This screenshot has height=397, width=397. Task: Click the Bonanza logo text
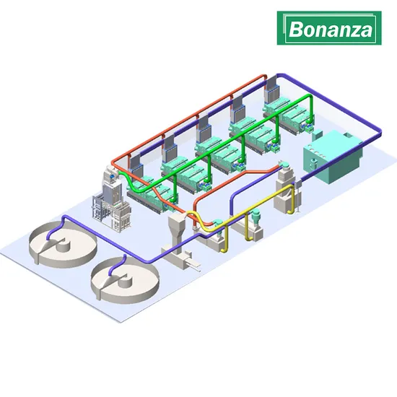pyautogui.click(x=331, y=29)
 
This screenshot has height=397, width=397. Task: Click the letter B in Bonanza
pyautogui.click(x=295, y=29)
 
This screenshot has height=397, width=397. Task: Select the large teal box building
pyautogui.click(x=333, y=157)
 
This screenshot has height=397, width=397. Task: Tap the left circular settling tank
pyautogui.click(x=63, y=244)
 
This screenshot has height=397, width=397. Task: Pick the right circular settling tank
pyautogui.click(x=125, y=280)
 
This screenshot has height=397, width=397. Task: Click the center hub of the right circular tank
pyautogui.click(x=126, y=280)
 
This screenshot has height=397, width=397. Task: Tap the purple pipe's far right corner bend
pyautogui.click(x=379, y=132)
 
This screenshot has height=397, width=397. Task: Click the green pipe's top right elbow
pyautogui.click(x=310, y=97)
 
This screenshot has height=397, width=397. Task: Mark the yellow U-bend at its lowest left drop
pyautogui.click(x=224, y=250)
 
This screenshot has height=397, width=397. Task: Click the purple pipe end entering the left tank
pyautogui.click(x=48, y=238)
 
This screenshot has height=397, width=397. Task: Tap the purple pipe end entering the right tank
pyautogui.click(x=110, y=274)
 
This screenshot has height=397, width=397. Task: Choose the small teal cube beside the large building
pyautogui.click(x=318, y=135)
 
